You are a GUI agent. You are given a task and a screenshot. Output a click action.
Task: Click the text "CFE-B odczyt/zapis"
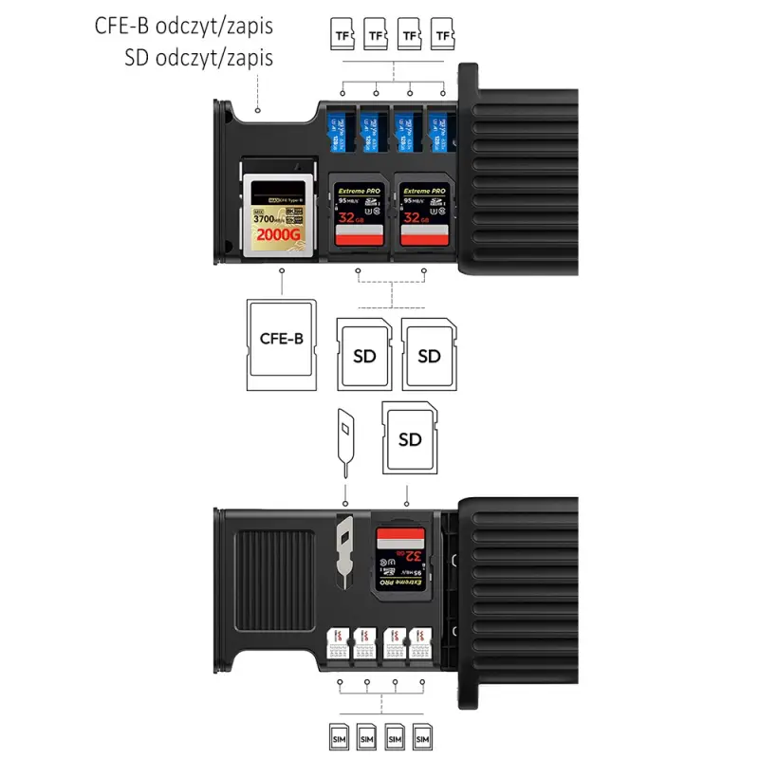pyautogui.click(x=183, y=26)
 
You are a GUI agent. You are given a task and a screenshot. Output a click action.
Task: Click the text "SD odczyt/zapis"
pyautogui.click(x=198, y=58)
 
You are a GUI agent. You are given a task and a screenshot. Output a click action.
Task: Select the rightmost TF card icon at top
pyautogui.click(x=442, y=35)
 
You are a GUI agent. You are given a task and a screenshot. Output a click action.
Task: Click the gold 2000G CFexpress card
pyautogui.click(x=277, y=214)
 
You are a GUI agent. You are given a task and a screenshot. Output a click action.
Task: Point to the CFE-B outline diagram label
pyautogui.click(x=281, y=338)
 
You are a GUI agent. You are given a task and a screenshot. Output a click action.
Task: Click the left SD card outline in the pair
pyautogui.click(x=363, y=356)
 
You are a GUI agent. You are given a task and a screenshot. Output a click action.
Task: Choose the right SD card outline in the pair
pyautogui.click(x=429, y=356)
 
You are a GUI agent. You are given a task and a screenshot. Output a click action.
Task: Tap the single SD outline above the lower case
pyautogui.click(x=410, y=438)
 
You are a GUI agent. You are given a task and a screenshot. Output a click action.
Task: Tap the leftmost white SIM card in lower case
pyautogui.click(x=337, y=645)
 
